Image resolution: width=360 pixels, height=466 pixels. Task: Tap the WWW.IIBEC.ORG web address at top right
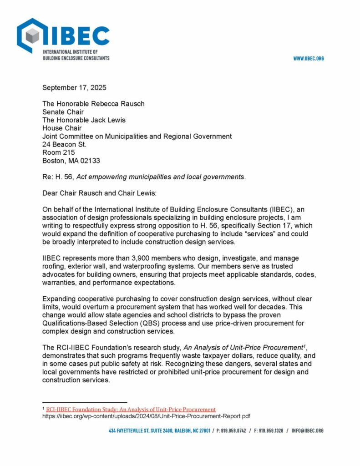pyautogui.click(x=308, y=59)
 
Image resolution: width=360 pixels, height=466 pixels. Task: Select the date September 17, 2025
pyautogui.click(x=74, y=87)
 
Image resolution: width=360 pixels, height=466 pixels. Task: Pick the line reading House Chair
pyautogui.click(x=61, y=128)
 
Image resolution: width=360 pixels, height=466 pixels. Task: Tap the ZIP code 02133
pyautogui.click(x=90, y=161)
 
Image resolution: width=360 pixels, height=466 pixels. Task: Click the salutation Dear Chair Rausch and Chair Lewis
pyautogui.click(x=99, y=193)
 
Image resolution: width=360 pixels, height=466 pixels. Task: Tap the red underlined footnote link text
pyautogui.click(x=131, y=410)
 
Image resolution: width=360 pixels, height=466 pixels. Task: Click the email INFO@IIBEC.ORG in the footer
pyautogui.click(x=308, y=431)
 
